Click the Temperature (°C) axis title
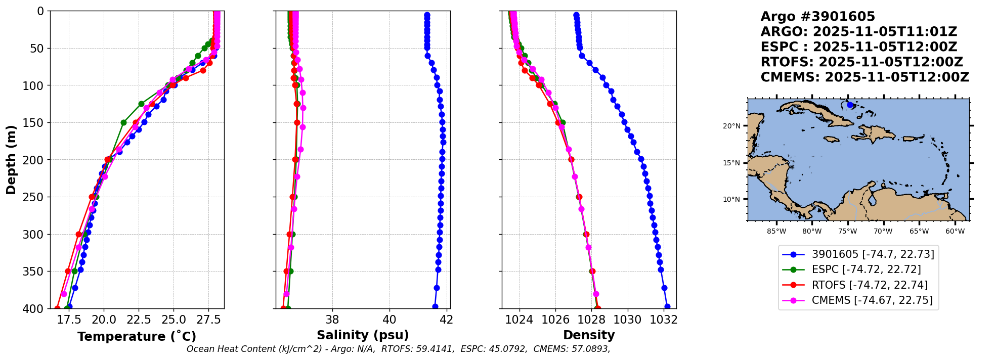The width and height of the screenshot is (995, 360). (x=137, y=337)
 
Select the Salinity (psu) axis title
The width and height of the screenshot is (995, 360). (x=363, y=335)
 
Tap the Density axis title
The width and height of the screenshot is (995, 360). (x=589, y=335)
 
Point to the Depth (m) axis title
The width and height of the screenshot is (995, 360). (x=11, y=160)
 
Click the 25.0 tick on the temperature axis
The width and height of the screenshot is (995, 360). (x=174, y=320)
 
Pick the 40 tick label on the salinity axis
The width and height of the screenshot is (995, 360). (x=390, y=320)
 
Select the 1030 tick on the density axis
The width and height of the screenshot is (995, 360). (x=628, y=320)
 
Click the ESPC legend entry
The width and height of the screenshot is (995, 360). (x=866, y=269)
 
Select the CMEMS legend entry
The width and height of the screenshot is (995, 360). (x=872, y=300)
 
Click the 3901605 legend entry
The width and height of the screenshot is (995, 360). (x=873, y=254)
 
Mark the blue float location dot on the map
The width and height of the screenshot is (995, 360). (x=850, y=105)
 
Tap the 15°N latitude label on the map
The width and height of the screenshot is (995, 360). (x=731, y=163)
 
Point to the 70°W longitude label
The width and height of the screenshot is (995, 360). (x=883, y=232)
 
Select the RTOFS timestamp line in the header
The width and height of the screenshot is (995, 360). (x=861, y=62)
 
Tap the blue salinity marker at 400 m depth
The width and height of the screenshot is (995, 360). (x=435, y=306)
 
